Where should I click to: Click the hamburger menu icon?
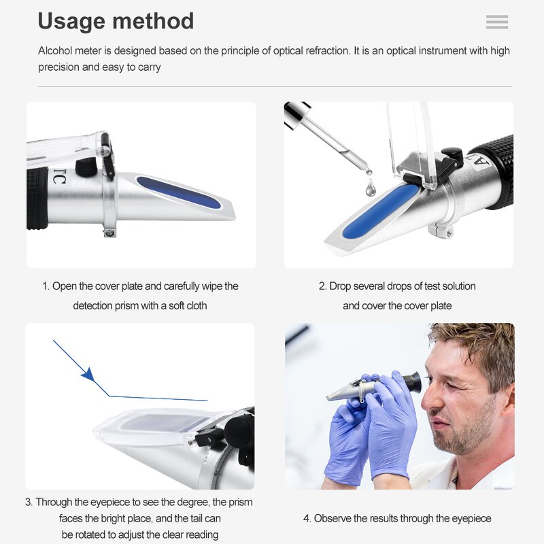tap(497, 22)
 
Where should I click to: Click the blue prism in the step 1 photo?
tap(178, 192)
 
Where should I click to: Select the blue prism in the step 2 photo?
tap(380, 211)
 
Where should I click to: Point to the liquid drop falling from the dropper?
tap(370, 188)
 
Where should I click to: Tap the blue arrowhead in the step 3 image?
tap(88, 375)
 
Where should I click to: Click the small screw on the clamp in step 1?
tap(109, 233)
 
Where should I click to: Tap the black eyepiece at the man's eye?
tap(411, 382)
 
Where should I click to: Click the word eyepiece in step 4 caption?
tap(466, 519)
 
